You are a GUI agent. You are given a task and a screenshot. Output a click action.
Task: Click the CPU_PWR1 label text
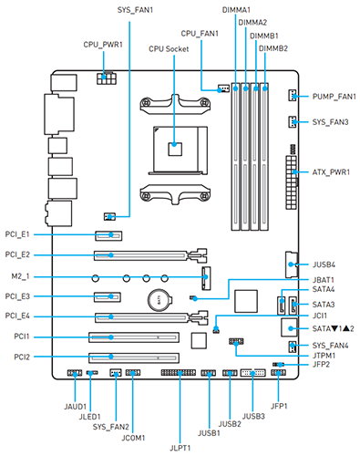(103, 45)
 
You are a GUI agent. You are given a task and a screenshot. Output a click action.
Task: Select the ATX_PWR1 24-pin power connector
(291, 182)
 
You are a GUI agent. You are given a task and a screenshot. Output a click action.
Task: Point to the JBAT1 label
(324, 280)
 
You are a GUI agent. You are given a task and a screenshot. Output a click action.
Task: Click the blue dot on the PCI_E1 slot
(111, 234)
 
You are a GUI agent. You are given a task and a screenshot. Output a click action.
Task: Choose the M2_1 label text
(20, 276)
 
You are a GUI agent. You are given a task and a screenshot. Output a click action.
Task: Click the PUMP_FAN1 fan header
(292, 96)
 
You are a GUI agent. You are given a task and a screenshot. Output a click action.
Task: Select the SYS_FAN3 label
(330, 122)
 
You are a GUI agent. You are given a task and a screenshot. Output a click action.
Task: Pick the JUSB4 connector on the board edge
(292, 264)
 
